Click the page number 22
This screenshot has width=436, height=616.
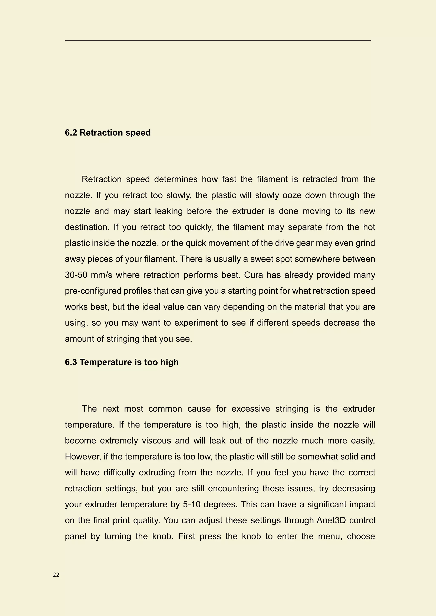pos(56,575)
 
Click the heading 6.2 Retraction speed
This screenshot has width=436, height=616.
pos(108,133)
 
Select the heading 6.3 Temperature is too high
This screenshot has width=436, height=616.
pos(122,362)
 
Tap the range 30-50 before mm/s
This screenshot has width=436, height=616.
pos(76,275)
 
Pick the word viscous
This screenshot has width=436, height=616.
pos(156,441)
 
